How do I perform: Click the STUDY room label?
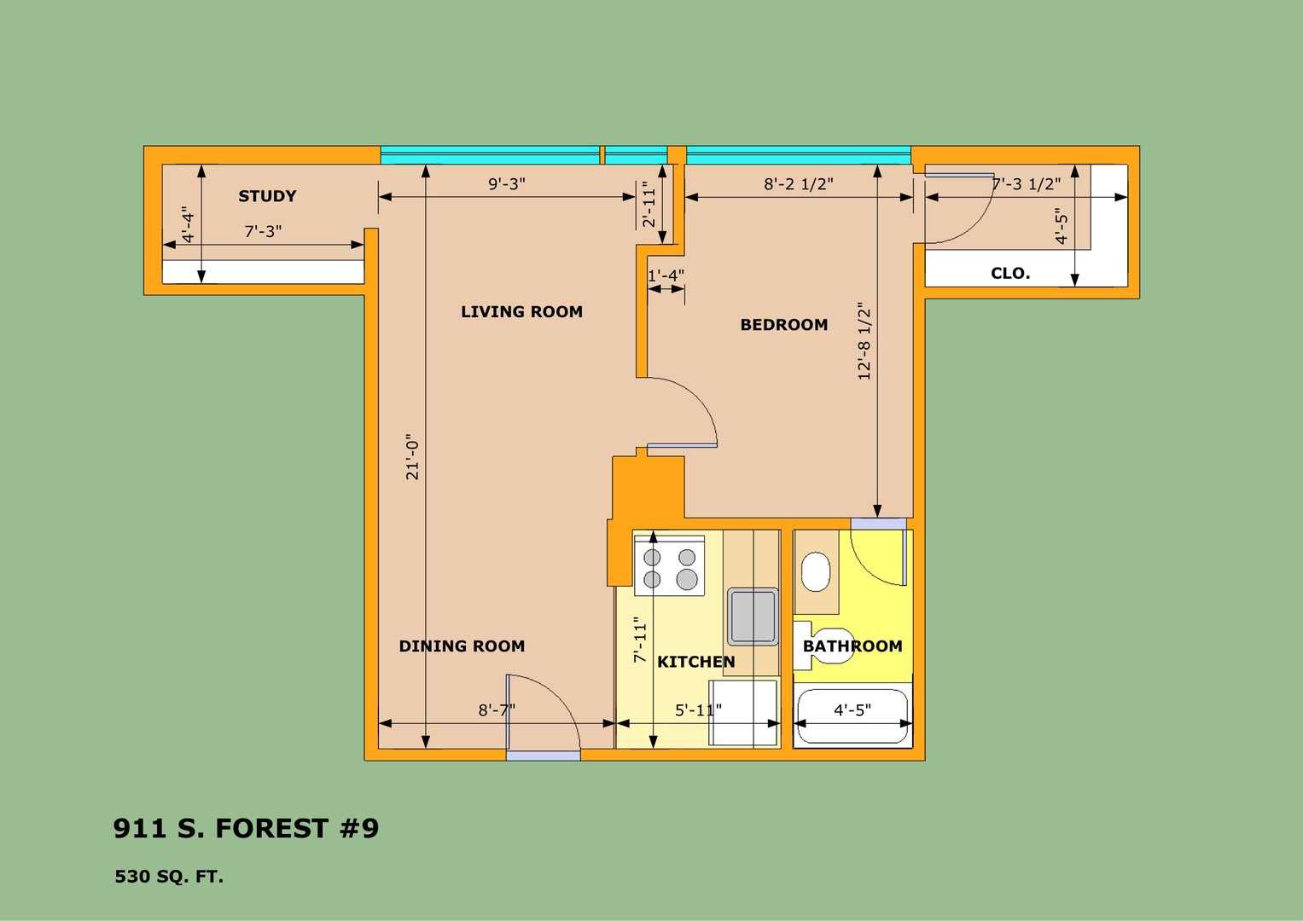tap(268, 196)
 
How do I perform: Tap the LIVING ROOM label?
tap(521, 311)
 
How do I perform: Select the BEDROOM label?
tap(784, 324)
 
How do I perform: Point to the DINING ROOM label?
tap(462, 646)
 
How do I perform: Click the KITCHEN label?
tap(696, 662)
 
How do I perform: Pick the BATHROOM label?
tap(852, 646)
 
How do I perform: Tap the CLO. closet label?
tap(1010, 273)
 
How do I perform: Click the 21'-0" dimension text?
tap(412, 457)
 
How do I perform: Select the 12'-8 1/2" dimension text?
tap(864, 341)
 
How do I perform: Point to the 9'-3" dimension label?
tap(507, 183)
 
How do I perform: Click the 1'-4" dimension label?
tap(666, 275)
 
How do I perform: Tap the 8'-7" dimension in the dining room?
tap(497, 710)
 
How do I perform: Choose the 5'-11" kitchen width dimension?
tap(698, 710)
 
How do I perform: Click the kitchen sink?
tap(753, 617)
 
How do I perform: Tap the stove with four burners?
tap(670, 565)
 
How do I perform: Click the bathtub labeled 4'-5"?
tap(852, 716)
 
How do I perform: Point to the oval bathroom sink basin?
tap(816, 571)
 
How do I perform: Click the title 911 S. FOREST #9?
tap(246, 828)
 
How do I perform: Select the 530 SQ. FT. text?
tap(169, 877)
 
